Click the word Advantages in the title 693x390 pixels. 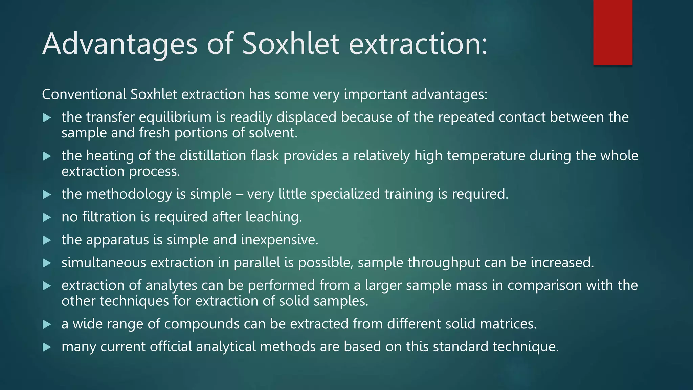pyautogui.click(x=120, y=44)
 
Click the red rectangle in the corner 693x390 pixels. pyautogui.click(x=612, y=32)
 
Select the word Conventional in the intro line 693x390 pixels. pyautogui.click(x=84, y=94)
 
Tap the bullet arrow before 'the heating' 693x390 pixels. pyautogui.click(x=47, y=156)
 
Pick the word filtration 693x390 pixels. pyautogui.click(x=109, y=217)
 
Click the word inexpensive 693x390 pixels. pyautogui.click(x=280, y=240)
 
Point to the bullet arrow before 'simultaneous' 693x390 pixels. pyautogui.click(x=47, y=263)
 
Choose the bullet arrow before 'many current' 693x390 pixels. pyautogui.click(x=47, y=347)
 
